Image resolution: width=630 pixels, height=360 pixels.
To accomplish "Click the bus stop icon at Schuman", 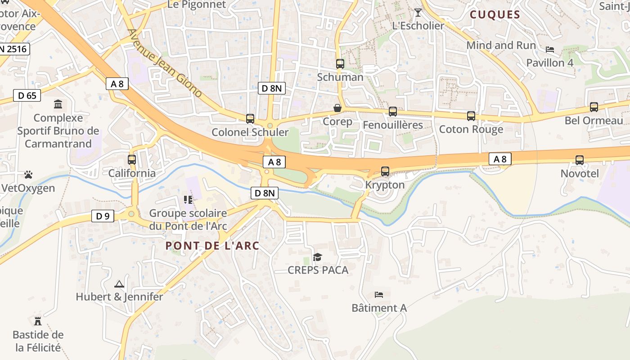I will (x=340, y=64).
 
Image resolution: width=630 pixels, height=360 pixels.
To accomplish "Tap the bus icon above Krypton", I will (x=385, y=171).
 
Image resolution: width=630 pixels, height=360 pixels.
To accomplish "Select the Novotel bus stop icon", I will (x=580, y=160).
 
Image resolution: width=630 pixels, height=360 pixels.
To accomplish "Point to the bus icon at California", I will (x=132, y=159).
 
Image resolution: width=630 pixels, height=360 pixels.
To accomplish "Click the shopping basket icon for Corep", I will (x=337, y=108).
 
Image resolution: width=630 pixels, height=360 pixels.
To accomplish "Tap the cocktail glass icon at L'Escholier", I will (x=418, y=13).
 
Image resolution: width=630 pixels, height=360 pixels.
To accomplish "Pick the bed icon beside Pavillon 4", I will (x=550, y=49).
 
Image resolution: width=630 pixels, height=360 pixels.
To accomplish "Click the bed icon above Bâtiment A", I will (x=379, y=295).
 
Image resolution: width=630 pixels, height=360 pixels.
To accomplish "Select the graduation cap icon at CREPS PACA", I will (x=318, y=257).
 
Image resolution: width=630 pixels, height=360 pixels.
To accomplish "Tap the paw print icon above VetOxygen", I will (x=28, y=174).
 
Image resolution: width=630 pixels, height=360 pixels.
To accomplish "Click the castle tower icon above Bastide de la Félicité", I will (x=38, y=321).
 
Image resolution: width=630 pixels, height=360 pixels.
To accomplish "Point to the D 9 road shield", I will (x=103, y=216).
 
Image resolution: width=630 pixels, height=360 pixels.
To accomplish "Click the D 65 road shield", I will (x=27, y=95).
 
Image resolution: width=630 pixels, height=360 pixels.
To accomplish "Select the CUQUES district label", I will (x=495, y=15).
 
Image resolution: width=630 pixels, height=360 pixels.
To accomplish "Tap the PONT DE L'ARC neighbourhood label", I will (x=212, y=246).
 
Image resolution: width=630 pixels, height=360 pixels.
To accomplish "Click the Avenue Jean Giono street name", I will (x=165, y=63).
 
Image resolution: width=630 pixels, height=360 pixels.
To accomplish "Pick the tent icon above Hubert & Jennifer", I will (x=119, y=284).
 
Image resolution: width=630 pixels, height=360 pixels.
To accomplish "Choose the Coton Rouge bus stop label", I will (x=471, y=130).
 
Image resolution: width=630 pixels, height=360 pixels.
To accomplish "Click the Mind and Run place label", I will (x=501, y=45).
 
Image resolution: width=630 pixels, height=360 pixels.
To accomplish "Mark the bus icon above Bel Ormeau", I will (x=594, y=107).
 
